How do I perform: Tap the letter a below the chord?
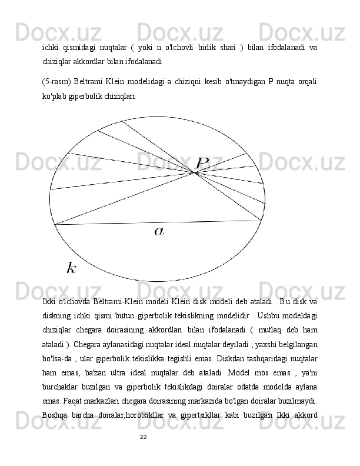click(x=159, y=232)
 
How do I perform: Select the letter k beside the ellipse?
click(x=71, y=269)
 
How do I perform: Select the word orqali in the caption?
click(x=307, y=81)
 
